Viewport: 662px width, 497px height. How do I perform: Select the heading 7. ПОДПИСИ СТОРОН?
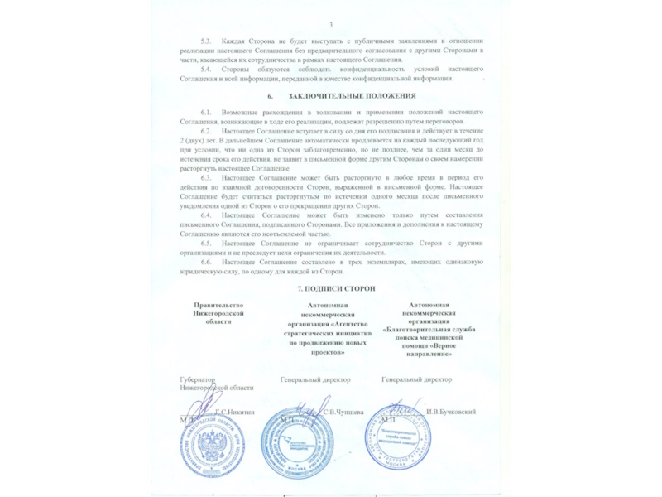point(336,286)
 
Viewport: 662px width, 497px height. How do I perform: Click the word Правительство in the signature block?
point(218,306)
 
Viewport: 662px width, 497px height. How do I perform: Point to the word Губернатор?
point(198,379)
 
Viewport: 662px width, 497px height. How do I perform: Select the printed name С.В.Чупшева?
point(343,412)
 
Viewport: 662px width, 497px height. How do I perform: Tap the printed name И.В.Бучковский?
point(449,412)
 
